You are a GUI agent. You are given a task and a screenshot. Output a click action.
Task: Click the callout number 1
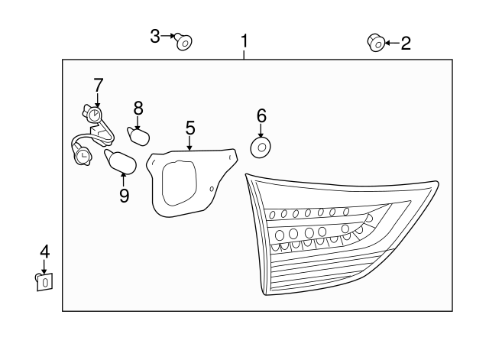click(244, 41)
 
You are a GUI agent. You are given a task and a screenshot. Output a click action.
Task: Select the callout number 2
click(406, 43)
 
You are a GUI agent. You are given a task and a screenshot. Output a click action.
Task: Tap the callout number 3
click(155, 36)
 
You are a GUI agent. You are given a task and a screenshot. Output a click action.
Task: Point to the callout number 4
click(44, 251)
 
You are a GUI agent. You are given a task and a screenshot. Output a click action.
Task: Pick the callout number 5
click(189, 127)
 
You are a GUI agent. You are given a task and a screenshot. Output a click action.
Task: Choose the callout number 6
click(261, 115)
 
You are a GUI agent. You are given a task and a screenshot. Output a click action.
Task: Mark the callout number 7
click(98, 84)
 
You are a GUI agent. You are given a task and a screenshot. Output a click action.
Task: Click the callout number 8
click(138, 108)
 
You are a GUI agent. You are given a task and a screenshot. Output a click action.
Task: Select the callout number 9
click(124, 196)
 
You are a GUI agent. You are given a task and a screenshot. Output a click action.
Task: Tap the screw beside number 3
click(183, 41)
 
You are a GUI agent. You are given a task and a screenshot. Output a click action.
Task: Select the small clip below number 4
click(44, 281)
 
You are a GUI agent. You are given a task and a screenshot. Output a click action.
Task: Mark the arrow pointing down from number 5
click(189, 142)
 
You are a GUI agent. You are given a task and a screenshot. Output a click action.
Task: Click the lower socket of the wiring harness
click(81, 155)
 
